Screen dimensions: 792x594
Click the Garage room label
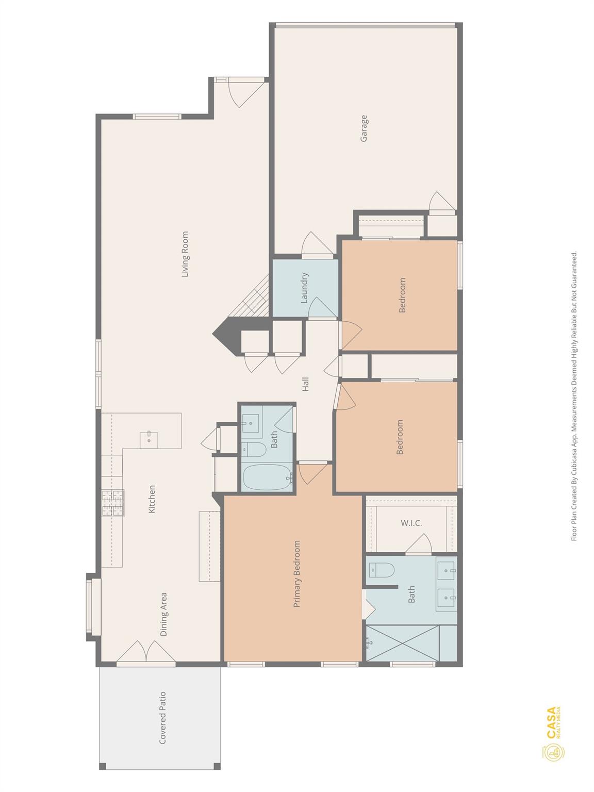point(364,128)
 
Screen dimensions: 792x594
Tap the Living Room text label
point(185,254)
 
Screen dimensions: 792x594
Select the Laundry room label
point(304,287)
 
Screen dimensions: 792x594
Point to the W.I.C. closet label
point(411,523)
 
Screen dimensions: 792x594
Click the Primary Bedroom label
point(296,573)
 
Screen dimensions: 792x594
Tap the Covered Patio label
point(162,717)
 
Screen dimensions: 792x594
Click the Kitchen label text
point(152,499)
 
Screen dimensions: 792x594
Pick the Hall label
point(305,384)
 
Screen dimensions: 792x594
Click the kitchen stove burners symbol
point(113,503)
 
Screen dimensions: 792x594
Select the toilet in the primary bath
point(382,570)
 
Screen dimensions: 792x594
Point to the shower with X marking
point(402,642)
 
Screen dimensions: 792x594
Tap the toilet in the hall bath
point(253,450)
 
